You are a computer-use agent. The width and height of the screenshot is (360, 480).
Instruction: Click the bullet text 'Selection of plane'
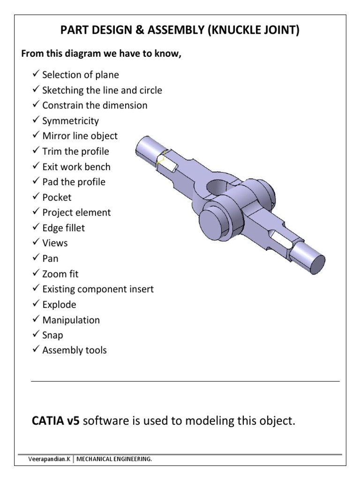pyautogui.click(x=80, y=75)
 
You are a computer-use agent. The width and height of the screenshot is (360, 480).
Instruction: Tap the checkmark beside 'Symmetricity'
pyautogui.click(x=36, y=120)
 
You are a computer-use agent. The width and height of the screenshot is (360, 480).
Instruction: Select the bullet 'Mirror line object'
pyautogui.click(x=80, y=136)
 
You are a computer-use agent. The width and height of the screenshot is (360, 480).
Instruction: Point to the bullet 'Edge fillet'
pyautogui.click(x=63, y=228)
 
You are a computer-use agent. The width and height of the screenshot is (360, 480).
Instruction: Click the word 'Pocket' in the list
pyautogui.click(x=57, y=197)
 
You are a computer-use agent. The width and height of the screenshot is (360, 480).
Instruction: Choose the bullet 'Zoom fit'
pyautogui.click(x=60, y=274)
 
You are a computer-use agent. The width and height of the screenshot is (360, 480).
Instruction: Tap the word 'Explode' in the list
pyautogui.click(x=59, y=305)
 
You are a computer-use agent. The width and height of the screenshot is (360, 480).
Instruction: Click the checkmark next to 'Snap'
pyautogui.click(x=36, y=335)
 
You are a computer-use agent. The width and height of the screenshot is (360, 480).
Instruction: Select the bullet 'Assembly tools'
pyautogui.click(x=74, y=350)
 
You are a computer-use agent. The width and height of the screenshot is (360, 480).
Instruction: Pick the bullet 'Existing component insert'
pyautogui.click(x=97, y=289)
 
